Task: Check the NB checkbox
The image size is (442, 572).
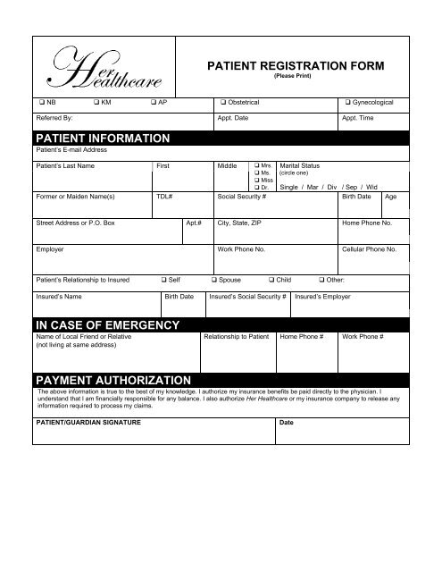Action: click(x=39, y=104)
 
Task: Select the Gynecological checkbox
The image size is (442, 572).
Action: click(x=346, y=104)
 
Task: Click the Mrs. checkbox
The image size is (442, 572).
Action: click(x=256, y=166)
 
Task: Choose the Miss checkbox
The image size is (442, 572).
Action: click(x=256, y=181)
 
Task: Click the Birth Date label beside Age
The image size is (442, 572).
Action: click(x=357, y=195)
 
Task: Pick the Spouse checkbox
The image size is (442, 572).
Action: click(x=212, y=281)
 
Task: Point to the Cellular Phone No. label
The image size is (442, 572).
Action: click(x=370, y=251)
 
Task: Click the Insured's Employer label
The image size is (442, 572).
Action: click(x=324, y=295)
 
